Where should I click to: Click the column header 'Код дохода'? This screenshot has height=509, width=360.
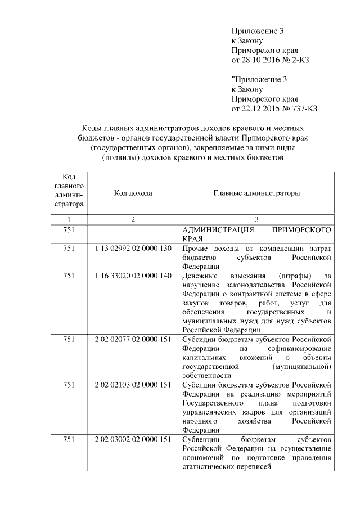133,193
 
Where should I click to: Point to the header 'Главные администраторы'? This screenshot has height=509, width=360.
256,193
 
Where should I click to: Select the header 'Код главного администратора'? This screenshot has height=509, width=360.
69,193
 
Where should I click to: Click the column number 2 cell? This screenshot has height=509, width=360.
133,219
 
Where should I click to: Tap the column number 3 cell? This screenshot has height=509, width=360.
256,219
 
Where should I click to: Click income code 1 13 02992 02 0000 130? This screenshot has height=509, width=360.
133,248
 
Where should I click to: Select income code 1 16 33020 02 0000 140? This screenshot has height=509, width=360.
133,277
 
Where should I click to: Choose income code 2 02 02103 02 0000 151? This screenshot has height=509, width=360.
133,385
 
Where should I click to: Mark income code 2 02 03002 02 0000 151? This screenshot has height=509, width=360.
133,439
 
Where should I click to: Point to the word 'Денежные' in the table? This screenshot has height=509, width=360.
199,277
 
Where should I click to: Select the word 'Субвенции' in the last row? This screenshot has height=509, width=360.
200,439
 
